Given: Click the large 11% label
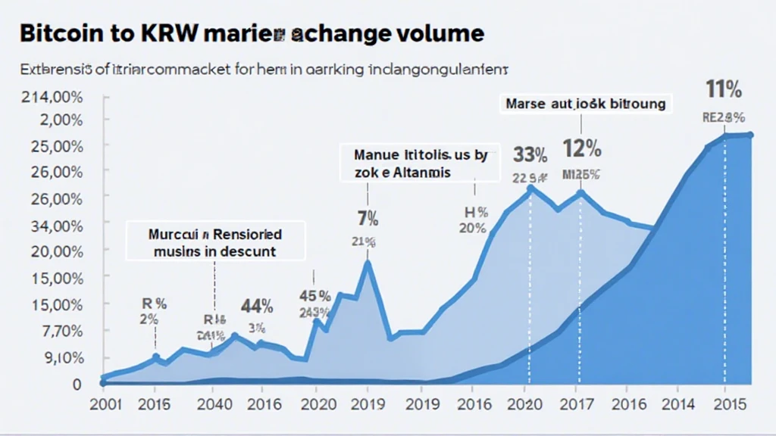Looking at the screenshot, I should [723, 90].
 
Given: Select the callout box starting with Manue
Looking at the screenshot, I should [420, 163].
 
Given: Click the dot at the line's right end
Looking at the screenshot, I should [750, 135].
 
